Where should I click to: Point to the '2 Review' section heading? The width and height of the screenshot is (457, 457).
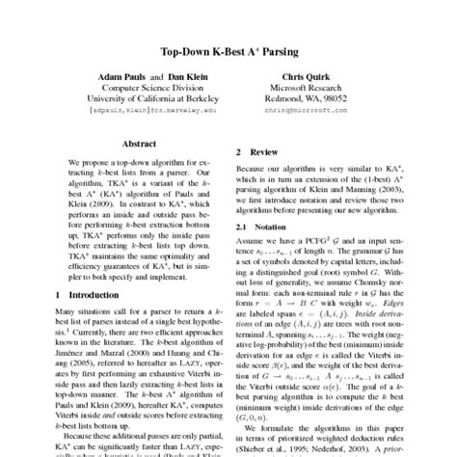coord(257,152)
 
